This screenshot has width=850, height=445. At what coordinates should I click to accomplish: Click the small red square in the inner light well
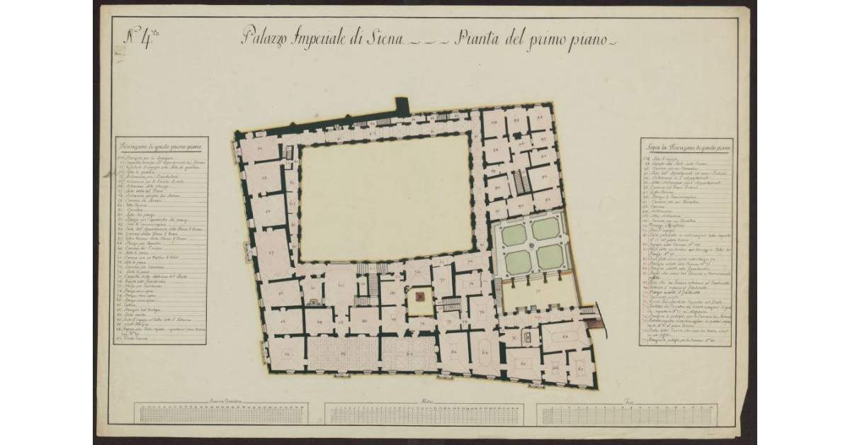coord(419,296)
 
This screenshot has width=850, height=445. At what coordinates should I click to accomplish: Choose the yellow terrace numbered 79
coord(535,293)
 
